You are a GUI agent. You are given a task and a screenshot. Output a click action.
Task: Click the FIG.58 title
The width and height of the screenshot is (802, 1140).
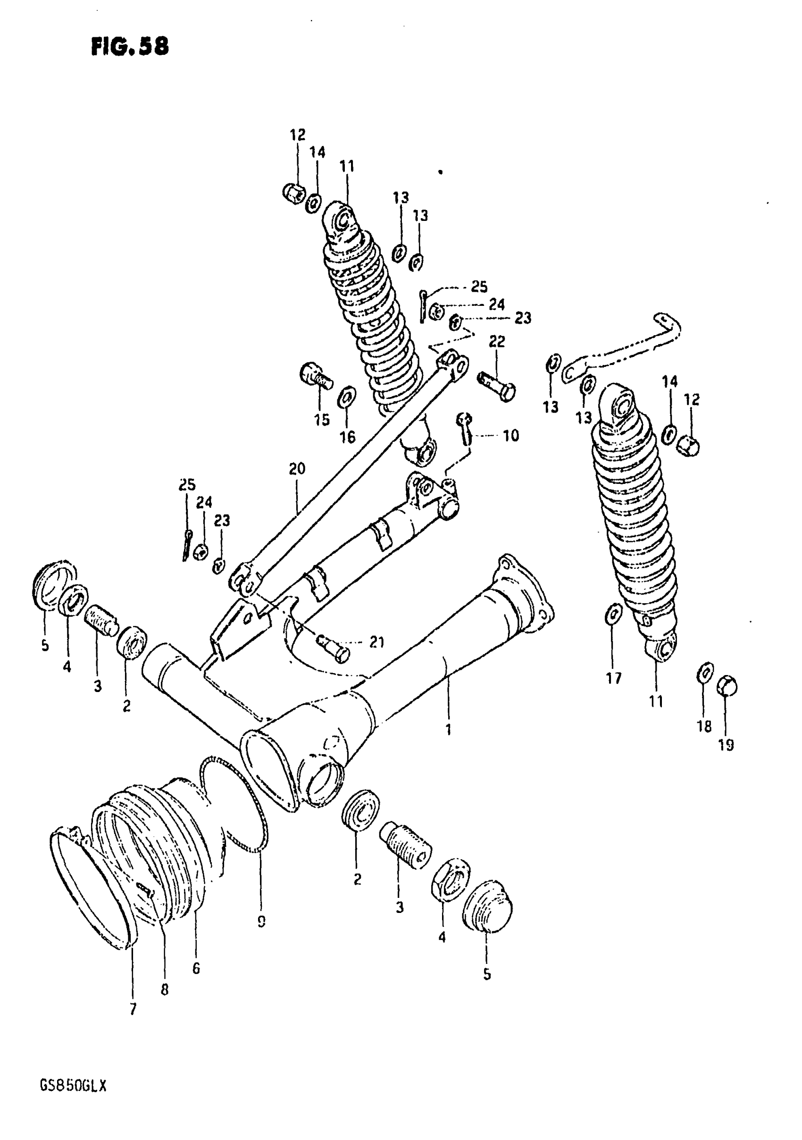coord(130,47)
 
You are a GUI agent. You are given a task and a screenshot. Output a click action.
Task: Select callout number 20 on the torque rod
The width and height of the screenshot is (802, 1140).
coord(297,469)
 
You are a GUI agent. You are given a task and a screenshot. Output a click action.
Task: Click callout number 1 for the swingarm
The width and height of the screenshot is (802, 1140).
coord(448,729)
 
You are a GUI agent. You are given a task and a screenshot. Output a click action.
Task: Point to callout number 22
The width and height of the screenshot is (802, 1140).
coord(497,341)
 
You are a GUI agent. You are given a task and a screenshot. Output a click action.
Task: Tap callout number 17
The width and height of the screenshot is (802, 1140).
coord(614,678)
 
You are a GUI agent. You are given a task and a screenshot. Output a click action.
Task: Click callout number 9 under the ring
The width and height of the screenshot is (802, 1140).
coord(261,921)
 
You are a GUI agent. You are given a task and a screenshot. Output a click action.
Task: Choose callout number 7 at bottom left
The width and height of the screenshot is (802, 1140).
coord(133,1009)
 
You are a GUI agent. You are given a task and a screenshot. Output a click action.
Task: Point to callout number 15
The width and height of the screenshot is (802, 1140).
coord(322,420)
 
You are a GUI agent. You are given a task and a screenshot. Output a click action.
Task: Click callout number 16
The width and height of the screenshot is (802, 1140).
coord(347,437)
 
